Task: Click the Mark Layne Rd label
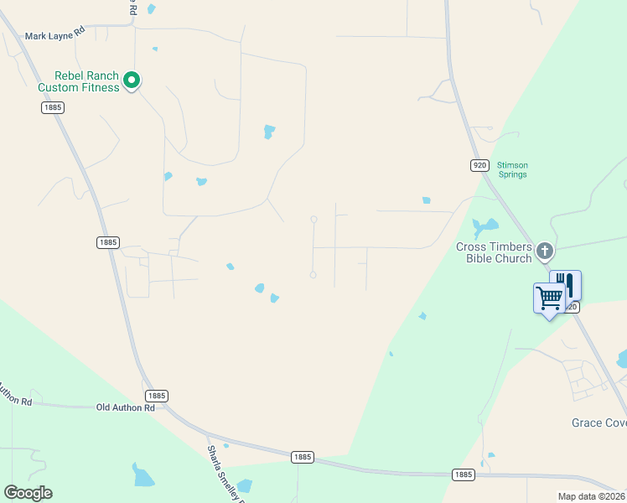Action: pos(55,36)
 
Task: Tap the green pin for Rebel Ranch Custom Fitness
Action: pos(131,80)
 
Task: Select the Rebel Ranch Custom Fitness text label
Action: pos(79,81)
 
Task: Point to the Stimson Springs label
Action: pos(511,169)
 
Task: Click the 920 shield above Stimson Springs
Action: pos(479,166)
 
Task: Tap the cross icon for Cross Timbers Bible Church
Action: pos(545,251)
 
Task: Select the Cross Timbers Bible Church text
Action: pos(494,252)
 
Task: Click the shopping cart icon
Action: pos(549,297)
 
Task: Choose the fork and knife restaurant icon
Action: pos(565,284)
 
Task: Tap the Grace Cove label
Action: pos(598,423)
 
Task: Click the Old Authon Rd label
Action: pos(126,407)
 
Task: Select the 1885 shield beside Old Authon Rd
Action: pos(157,395)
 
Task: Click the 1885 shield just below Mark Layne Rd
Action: pos(52,107)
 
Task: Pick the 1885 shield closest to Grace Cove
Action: pos(464,474)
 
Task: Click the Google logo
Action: pos(28,493)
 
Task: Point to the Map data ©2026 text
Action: pos(591,496)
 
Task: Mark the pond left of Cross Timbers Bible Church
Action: pos(484,226)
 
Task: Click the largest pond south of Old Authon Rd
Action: pos(142,475)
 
